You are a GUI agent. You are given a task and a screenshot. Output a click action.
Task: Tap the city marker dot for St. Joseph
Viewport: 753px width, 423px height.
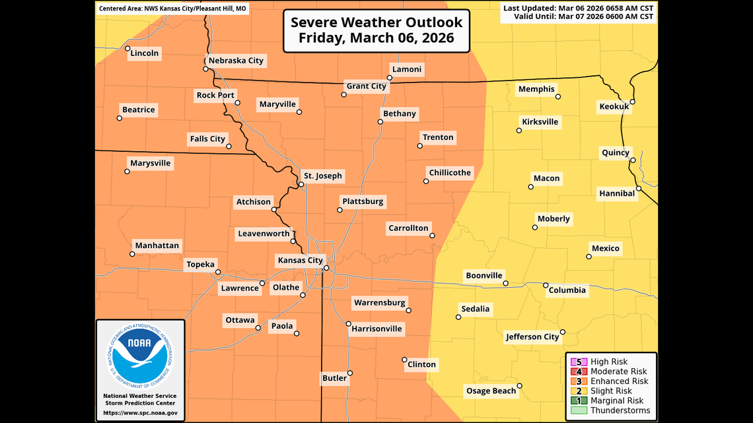301,185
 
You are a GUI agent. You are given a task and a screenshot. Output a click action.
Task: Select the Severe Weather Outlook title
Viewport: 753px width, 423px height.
377,30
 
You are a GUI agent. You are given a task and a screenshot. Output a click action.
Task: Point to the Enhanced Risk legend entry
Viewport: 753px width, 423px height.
619,381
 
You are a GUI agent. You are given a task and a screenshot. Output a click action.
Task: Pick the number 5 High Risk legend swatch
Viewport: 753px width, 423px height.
579,362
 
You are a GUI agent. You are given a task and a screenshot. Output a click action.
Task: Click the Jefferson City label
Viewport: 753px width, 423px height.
532,337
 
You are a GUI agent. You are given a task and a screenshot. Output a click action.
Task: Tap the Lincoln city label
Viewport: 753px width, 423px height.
145,53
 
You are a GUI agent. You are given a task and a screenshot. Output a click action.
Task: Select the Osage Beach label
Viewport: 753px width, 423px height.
491,391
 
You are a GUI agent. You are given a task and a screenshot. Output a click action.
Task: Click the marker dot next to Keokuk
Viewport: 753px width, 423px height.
633,102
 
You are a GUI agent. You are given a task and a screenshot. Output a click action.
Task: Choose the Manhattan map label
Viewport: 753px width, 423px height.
157,245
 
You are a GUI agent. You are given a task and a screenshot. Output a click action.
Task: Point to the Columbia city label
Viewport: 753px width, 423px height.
567,290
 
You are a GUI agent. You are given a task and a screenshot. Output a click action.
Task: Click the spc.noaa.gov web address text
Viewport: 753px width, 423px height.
139,413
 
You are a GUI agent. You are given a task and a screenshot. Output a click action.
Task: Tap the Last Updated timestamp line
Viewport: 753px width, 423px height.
578,8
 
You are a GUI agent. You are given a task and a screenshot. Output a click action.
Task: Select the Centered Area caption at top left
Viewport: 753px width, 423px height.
172,9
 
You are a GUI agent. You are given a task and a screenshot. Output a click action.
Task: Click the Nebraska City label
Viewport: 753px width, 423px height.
236,61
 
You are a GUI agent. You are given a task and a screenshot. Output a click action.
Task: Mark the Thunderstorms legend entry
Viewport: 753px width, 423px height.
619,410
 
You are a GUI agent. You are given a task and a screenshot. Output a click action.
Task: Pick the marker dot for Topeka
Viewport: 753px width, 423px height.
218,272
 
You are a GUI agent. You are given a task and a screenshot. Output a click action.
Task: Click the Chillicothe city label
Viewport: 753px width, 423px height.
450,173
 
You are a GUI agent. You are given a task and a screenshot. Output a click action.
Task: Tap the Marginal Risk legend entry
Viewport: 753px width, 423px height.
617,401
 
